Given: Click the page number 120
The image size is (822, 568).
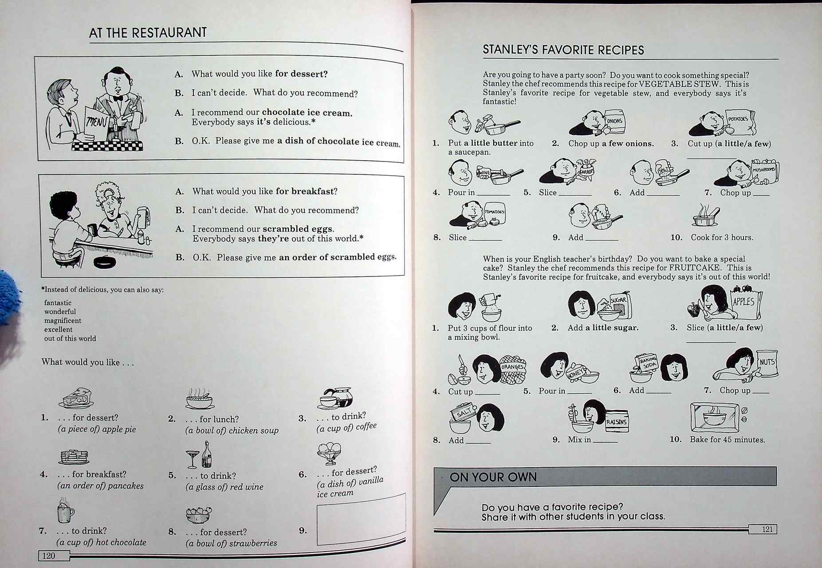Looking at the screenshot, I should click(x=49, y=556).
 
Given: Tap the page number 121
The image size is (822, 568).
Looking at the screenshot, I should click(x=767, y=529).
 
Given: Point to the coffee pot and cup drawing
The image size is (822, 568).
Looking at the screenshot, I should click(x=336, y=397).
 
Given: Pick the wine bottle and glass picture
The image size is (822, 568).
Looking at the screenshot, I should click(x=200, y=456).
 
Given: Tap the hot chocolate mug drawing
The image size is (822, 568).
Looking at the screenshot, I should click(x=65, y=511).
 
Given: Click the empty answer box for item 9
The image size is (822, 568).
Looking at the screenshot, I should click(x=361, y=519).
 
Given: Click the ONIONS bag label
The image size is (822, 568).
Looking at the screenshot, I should click(x=614, y=121).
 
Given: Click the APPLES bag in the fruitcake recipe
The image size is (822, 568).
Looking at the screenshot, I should click(x=744, y=303).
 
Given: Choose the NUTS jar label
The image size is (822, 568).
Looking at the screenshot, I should click(x=767, y=363).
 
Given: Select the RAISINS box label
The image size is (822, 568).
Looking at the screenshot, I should click(x=617, y=422).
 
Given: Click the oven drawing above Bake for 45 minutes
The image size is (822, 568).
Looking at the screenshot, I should click(x=715, y=417).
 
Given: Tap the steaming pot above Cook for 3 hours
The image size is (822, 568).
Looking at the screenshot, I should click(x=705, y=216).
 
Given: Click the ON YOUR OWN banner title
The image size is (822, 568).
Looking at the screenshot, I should click(x=493, y=477).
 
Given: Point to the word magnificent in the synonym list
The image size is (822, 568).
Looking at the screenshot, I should click(x=63, y=320).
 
